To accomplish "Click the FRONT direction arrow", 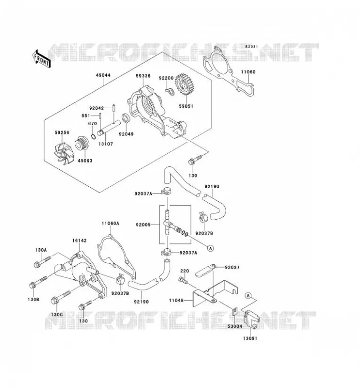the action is click(x=41, y=59).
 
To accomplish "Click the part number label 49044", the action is click(x=103, y=75).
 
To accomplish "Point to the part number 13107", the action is click(x=106, y=144).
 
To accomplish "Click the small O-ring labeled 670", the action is click(x=93, y=137).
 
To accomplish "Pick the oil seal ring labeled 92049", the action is click(x=126, y=118).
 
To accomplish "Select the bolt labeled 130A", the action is click(x=42, y=262).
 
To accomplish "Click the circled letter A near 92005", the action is click(x=211, y=248).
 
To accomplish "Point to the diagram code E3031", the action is click(x=251, y=47).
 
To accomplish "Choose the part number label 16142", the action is click(x=80, y=241).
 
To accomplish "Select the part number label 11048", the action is click(x=176, y=300).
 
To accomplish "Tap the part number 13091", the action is click(x=250, y=338).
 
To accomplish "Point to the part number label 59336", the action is click(x=143, y=76).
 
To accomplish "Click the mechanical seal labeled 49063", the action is click(x=82, y=144).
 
